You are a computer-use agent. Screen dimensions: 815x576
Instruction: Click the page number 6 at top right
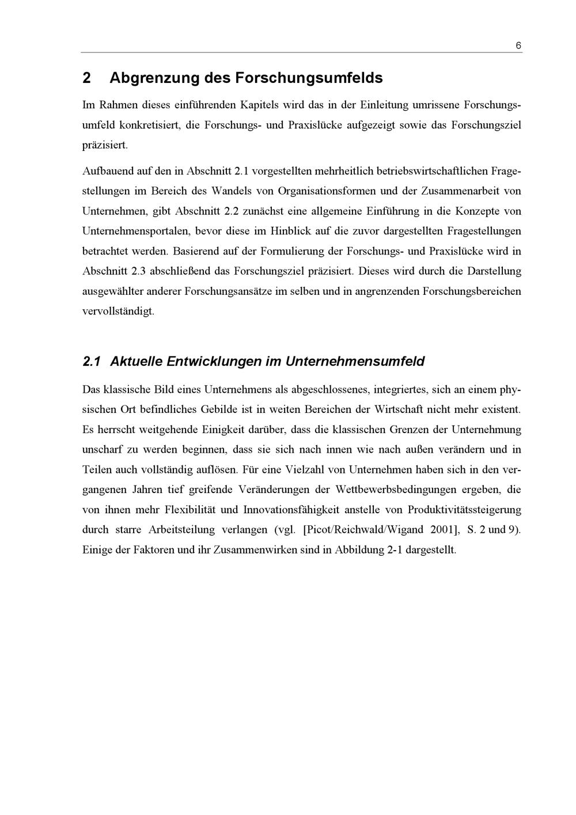coord(518,46)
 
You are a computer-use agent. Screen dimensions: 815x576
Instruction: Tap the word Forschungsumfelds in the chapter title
coord(309,78)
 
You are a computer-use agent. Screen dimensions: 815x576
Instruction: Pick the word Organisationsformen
coord(327,191)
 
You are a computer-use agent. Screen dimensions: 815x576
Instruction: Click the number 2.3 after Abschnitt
coord(138,271)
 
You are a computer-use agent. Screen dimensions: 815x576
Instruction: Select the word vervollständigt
coord(118,311)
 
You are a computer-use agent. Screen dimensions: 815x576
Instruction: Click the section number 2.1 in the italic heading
coord(92,362)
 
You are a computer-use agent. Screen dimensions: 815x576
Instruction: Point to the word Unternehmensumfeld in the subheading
coord(355,362)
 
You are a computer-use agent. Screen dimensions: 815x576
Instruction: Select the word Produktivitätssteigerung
coord(464,510)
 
